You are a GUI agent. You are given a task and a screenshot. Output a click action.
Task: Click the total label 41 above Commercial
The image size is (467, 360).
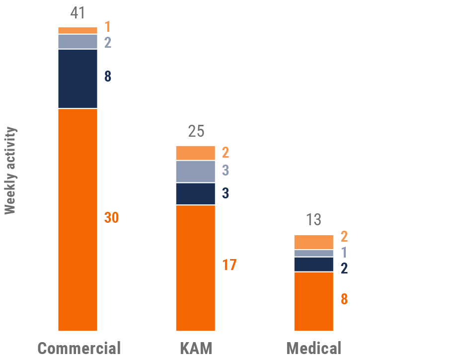(x=78, y=13)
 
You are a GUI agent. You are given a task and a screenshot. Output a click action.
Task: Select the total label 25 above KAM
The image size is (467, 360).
(x=196, y=132)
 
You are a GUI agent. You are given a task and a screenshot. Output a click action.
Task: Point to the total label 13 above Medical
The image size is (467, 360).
(x=313, y=220)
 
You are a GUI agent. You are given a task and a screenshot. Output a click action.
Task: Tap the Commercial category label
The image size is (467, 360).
(x=79, y=348)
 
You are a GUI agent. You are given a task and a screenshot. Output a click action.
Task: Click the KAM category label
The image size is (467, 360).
(x=196, y=348)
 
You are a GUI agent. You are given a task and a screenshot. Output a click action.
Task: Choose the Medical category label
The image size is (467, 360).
(x=313, y=348)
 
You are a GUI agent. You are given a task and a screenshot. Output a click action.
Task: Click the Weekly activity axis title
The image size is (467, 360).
(x=10, y=171)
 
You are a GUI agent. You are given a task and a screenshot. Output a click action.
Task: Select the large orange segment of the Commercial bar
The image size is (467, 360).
(x=78, y=219)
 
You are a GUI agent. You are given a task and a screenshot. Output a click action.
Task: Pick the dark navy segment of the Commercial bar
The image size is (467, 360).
(x=78, y=79)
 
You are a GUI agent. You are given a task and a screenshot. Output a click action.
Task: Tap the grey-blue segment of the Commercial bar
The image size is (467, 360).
(x=78, y=42)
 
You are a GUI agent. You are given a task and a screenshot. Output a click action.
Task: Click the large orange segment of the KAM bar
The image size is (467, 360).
(x=196, y=268)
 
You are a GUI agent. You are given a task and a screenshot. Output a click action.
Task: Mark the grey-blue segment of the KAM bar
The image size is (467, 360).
(x=196, y=172)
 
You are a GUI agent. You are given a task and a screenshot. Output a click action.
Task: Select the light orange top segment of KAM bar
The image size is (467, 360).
(x=196, y=153)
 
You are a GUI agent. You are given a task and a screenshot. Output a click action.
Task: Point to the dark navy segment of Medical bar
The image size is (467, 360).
(x=313, y=265)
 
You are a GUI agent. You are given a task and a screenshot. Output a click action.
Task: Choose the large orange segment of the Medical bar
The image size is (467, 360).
(x=313, y=301)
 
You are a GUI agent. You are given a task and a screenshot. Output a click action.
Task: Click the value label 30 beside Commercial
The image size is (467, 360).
(x=111, y=218)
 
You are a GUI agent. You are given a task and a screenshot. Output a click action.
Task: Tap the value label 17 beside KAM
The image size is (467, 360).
(x=229, y=265)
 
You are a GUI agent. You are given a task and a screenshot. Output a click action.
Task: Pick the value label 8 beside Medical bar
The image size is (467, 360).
(x=344, y=299)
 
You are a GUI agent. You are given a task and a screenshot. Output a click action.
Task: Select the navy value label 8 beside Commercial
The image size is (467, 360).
(x=108, y=77)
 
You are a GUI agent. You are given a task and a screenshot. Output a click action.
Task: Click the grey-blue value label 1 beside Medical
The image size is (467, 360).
(x=344, y=253)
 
